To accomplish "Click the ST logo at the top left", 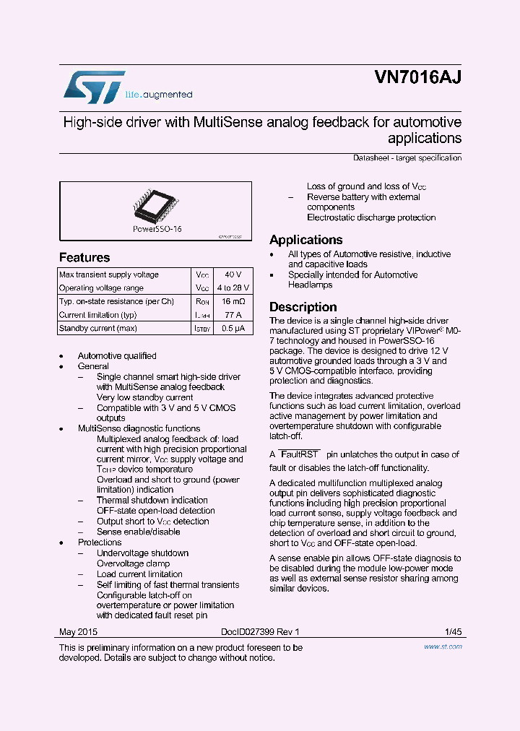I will (94, 87).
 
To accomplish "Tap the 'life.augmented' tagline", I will (159, 95).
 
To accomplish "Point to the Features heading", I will (84, 258).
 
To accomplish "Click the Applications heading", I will (305, 240).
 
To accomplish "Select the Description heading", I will (303, 307).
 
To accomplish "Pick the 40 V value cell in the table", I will (233, 275).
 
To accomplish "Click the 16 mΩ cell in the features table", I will (233, 302).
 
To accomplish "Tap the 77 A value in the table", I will (233, 315).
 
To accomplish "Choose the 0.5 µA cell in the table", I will (233, 329).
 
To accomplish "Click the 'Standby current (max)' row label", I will (98, 329).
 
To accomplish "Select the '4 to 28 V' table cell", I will (233, 288).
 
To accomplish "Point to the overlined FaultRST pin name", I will (300, 455).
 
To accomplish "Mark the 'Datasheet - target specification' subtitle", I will (407, 157).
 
